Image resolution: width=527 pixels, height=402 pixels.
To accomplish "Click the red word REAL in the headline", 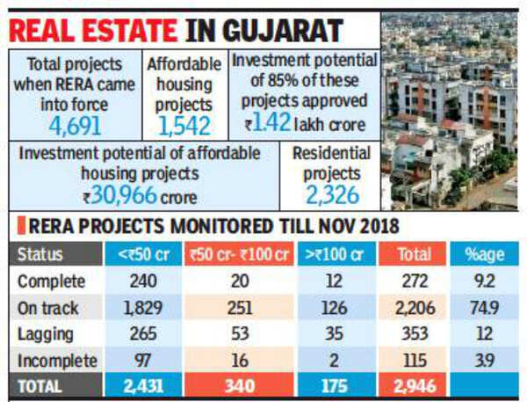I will (50, 28).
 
